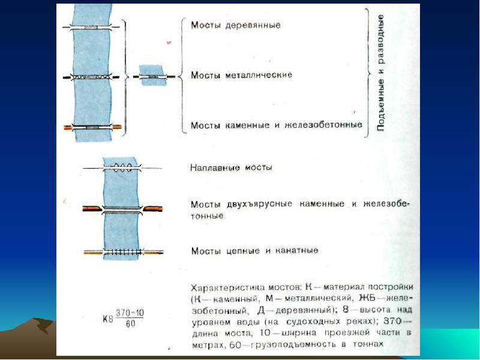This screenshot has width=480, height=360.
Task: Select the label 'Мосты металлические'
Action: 241,75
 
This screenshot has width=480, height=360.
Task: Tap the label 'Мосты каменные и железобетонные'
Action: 276,125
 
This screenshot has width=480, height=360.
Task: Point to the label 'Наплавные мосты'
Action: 231,167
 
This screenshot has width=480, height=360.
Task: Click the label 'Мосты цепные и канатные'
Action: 254,250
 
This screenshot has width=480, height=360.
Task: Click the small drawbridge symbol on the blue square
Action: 154,77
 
